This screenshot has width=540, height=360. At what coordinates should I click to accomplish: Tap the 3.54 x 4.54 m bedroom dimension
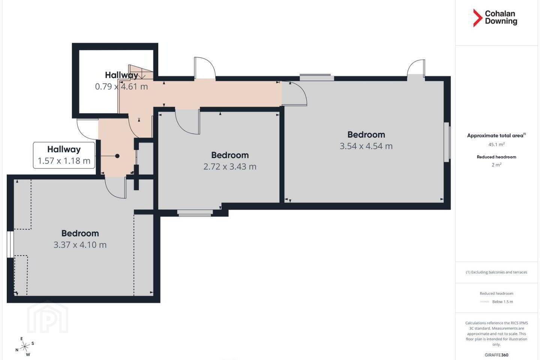tap(366, 146)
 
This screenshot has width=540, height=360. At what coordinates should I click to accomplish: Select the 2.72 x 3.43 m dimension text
tap(230, 166)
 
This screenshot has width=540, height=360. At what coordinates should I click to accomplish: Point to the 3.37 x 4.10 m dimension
tap(80, 245)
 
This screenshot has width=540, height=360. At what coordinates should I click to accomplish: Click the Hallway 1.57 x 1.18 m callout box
tap(64, 155)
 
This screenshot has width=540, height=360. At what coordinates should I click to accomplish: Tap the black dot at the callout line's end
tap(117, 156)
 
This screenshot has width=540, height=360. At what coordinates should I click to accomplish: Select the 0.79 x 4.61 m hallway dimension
tap(121, 86)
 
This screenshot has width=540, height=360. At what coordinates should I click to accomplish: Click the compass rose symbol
tap(25, 347)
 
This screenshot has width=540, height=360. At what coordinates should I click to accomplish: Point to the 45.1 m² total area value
tap(496, 144)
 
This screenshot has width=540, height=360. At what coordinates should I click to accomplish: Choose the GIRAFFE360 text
tap(496, 355)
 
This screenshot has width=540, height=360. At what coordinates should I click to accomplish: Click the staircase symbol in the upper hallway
tap(141, 72)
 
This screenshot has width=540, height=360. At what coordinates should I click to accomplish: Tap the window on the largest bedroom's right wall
tap(447, 142)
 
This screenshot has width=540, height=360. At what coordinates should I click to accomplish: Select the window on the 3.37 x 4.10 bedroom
tap(10, 244)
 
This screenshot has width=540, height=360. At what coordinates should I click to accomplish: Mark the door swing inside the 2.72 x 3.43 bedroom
tap(187, 122)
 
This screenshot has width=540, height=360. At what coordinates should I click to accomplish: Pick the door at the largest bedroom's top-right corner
tap(416, 69)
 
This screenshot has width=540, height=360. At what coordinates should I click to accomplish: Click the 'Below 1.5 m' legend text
tap(502, 301)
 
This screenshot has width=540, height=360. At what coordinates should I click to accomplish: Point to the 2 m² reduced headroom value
tap(496, 165)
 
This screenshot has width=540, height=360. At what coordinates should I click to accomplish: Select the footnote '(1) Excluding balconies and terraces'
tap(496, 272)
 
